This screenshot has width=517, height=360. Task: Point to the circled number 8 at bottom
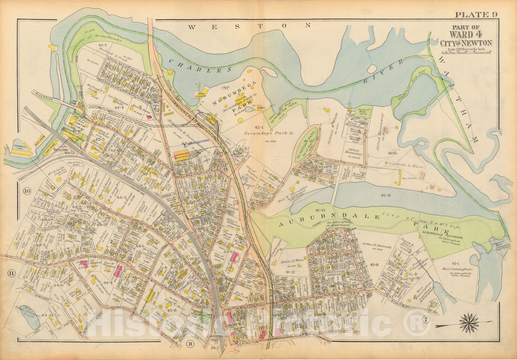pos(190,344)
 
